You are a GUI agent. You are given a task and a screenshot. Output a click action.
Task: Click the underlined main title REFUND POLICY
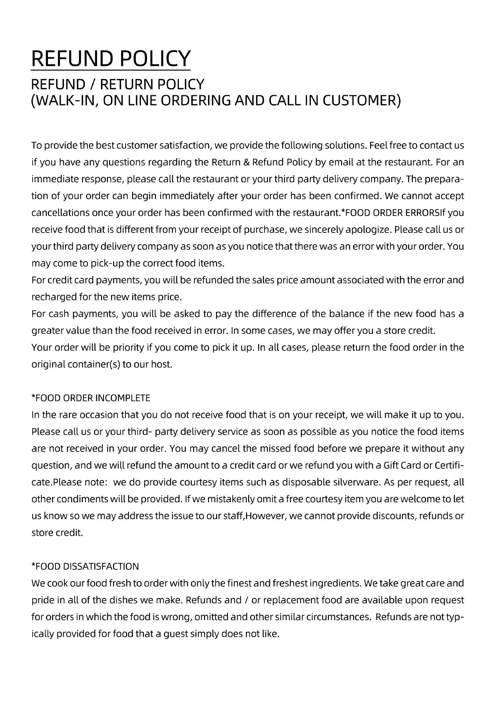point(111,58)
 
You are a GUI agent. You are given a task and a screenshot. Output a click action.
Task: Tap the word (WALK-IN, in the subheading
point(64,100)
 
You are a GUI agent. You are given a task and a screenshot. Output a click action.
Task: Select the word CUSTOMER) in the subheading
point(361,100)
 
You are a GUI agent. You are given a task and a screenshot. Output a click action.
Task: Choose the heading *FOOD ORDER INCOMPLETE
point(91,398)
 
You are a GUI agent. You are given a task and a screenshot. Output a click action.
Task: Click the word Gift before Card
point(391,465)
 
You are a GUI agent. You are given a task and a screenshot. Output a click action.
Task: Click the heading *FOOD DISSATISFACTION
point(85,566)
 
